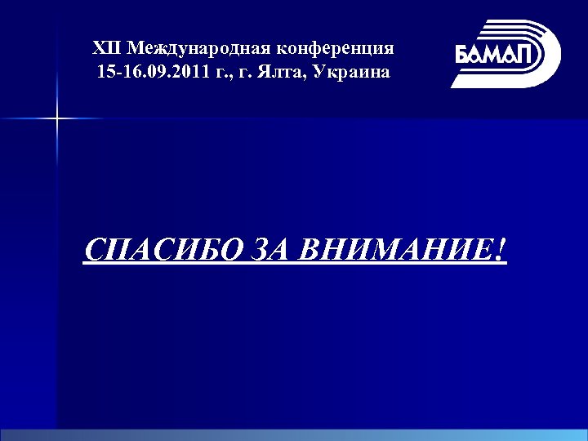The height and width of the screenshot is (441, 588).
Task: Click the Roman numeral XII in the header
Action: pos(107,47)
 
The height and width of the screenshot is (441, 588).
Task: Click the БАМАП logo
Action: pos(506,53)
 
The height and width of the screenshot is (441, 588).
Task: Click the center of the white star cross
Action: pos(57,119)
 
